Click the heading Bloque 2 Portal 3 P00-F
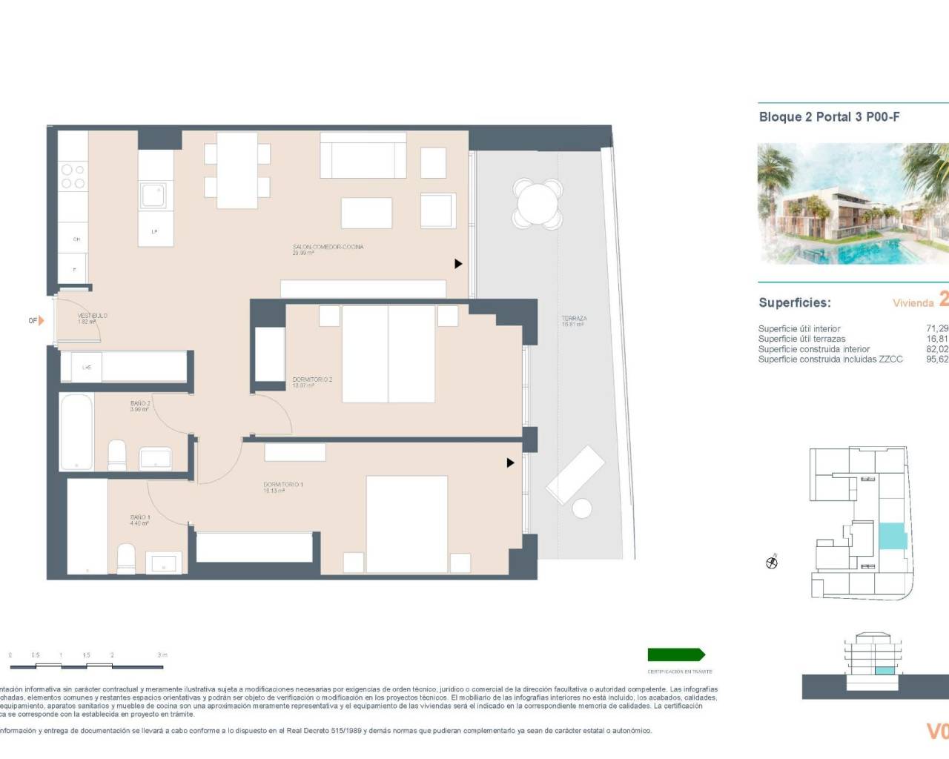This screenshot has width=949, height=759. pos(829,117)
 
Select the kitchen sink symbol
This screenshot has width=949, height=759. pos(155,196)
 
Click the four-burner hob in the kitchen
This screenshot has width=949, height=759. pos(72,176)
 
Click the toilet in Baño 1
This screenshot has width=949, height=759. pos(127,557)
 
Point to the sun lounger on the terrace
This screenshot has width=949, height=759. pos(575,474)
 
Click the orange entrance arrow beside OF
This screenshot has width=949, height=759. pos(42,321)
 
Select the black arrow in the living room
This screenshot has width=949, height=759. pos(458,264)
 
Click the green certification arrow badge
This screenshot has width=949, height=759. pos(676,654)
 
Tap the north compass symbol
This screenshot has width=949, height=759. pos(772,563)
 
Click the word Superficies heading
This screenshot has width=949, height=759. pos(794,302)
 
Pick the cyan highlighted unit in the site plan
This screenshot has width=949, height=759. pos(892,536)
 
